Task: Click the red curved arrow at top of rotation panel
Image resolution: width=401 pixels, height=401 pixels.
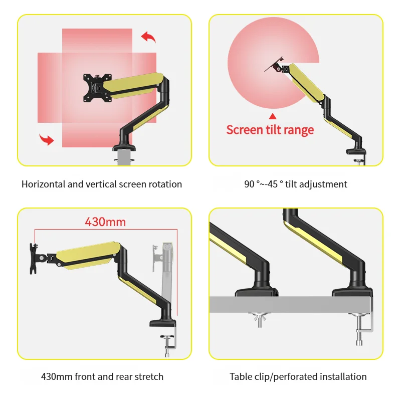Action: [148, 37]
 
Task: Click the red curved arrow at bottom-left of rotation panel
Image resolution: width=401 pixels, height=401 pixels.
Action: [47, 139]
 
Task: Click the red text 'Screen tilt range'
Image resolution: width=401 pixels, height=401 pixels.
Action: [270, 130]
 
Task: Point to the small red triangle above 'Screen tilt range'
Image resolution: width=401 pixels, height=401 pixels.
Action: [273, 117]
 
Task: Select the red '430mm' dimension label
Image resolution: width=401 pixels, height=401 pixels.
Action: [105, 222]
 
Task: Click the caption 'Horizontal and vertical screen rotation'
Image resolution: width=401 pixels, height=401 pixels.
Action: [102, 184]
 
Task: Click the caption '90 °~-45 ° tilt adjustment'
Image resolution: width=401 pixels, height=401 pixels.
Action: [296, 184]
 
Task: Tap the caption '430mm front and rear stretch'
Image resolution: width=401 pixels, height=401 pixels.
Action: [102, 376]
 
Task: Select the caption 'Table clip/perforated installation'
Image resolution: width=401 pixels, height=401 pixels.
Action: [298, 376]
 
